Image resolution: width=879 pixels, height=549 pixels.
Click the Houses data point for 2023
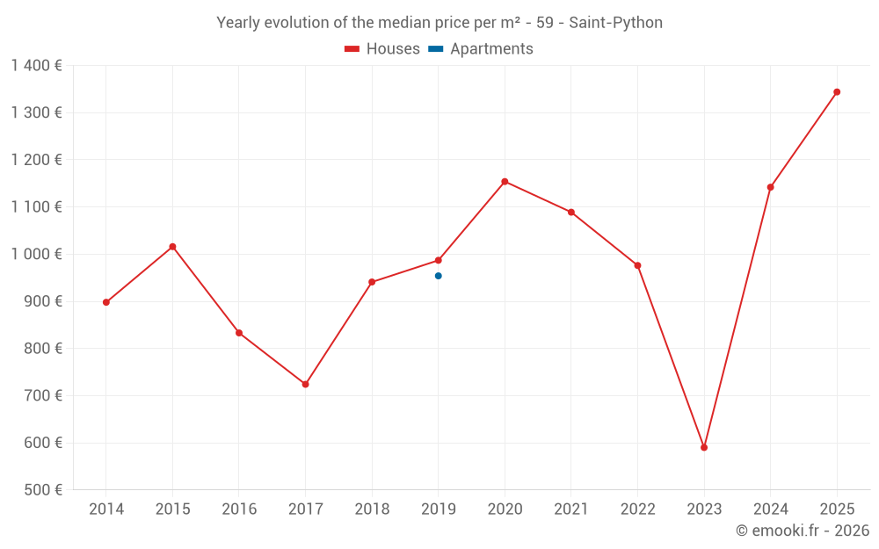704,447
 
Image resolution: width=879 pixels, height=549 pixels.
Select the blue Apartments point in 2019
439,276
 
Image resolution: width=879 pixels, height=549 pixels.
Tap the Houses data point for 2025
837,91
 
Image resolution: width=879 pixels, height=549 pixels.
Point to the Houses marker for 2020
505,182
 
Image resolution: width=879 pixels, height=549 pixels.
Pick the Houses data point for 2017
305,384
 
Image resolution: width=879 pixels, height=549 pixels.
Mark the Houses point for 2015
172,247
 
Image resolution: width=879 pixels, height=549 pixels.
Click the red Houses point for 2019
439,260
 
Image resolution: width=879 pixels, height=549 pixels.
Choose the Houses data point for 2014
106,302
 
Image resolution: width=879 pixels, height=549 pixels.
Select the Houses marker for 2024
770,187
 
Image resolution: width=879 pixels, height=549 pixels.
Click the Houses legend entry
382,49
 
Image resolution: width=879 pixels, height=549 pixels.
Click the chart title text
439,22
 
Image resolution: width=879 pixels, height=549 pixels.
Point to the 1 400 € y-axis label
36,65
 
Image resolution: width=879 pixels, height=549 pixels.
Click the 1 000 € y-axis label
36,254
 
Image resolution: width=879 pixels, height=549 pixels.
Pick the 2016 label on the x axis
239,509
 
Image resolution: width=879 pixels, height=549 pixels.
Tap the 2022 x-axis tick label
637,509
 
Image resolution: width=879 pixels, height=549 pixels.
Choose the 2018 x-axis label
372,509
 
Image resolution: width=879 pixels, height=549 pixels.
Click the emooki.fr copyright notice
802,531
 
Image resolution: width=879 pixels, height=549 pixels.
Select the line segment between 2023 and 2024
737,317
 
